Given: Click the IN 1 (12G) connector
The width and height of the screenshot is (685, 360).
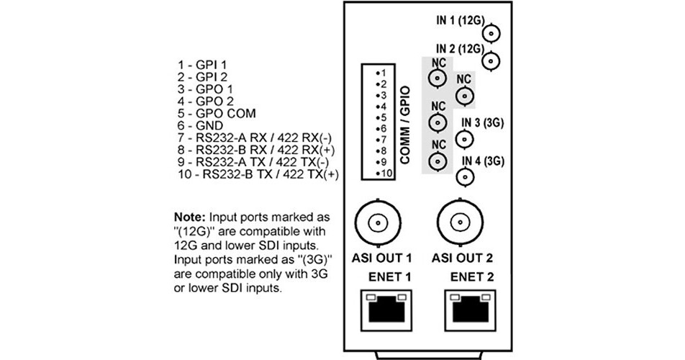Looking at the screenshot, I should point(491,33).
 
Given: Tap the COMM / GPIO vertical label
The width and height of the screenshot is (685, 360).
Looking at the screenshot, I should point(407,125).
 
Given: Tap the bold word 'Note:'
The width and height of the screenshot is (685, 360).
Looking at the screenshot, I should point(190,217).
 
